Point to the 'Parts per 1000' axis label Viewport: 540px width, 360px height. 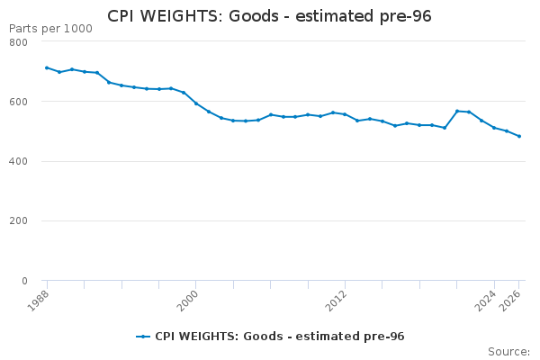pos(50,29)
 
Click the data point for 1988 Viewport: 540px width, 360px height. pos(47,67)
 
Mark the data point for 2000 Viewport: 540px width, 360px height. pos(196,103)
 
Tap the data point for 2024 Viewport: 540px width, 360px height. pos(494,128)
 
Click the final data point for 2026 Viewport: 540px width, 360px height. pos(519,137)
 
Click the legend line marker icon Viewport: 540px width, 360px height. pos(143,337)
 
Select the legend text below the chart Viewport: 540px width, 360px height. pos(279,337)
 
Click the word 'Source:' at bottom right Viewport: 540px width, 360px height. pos(508,351)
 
